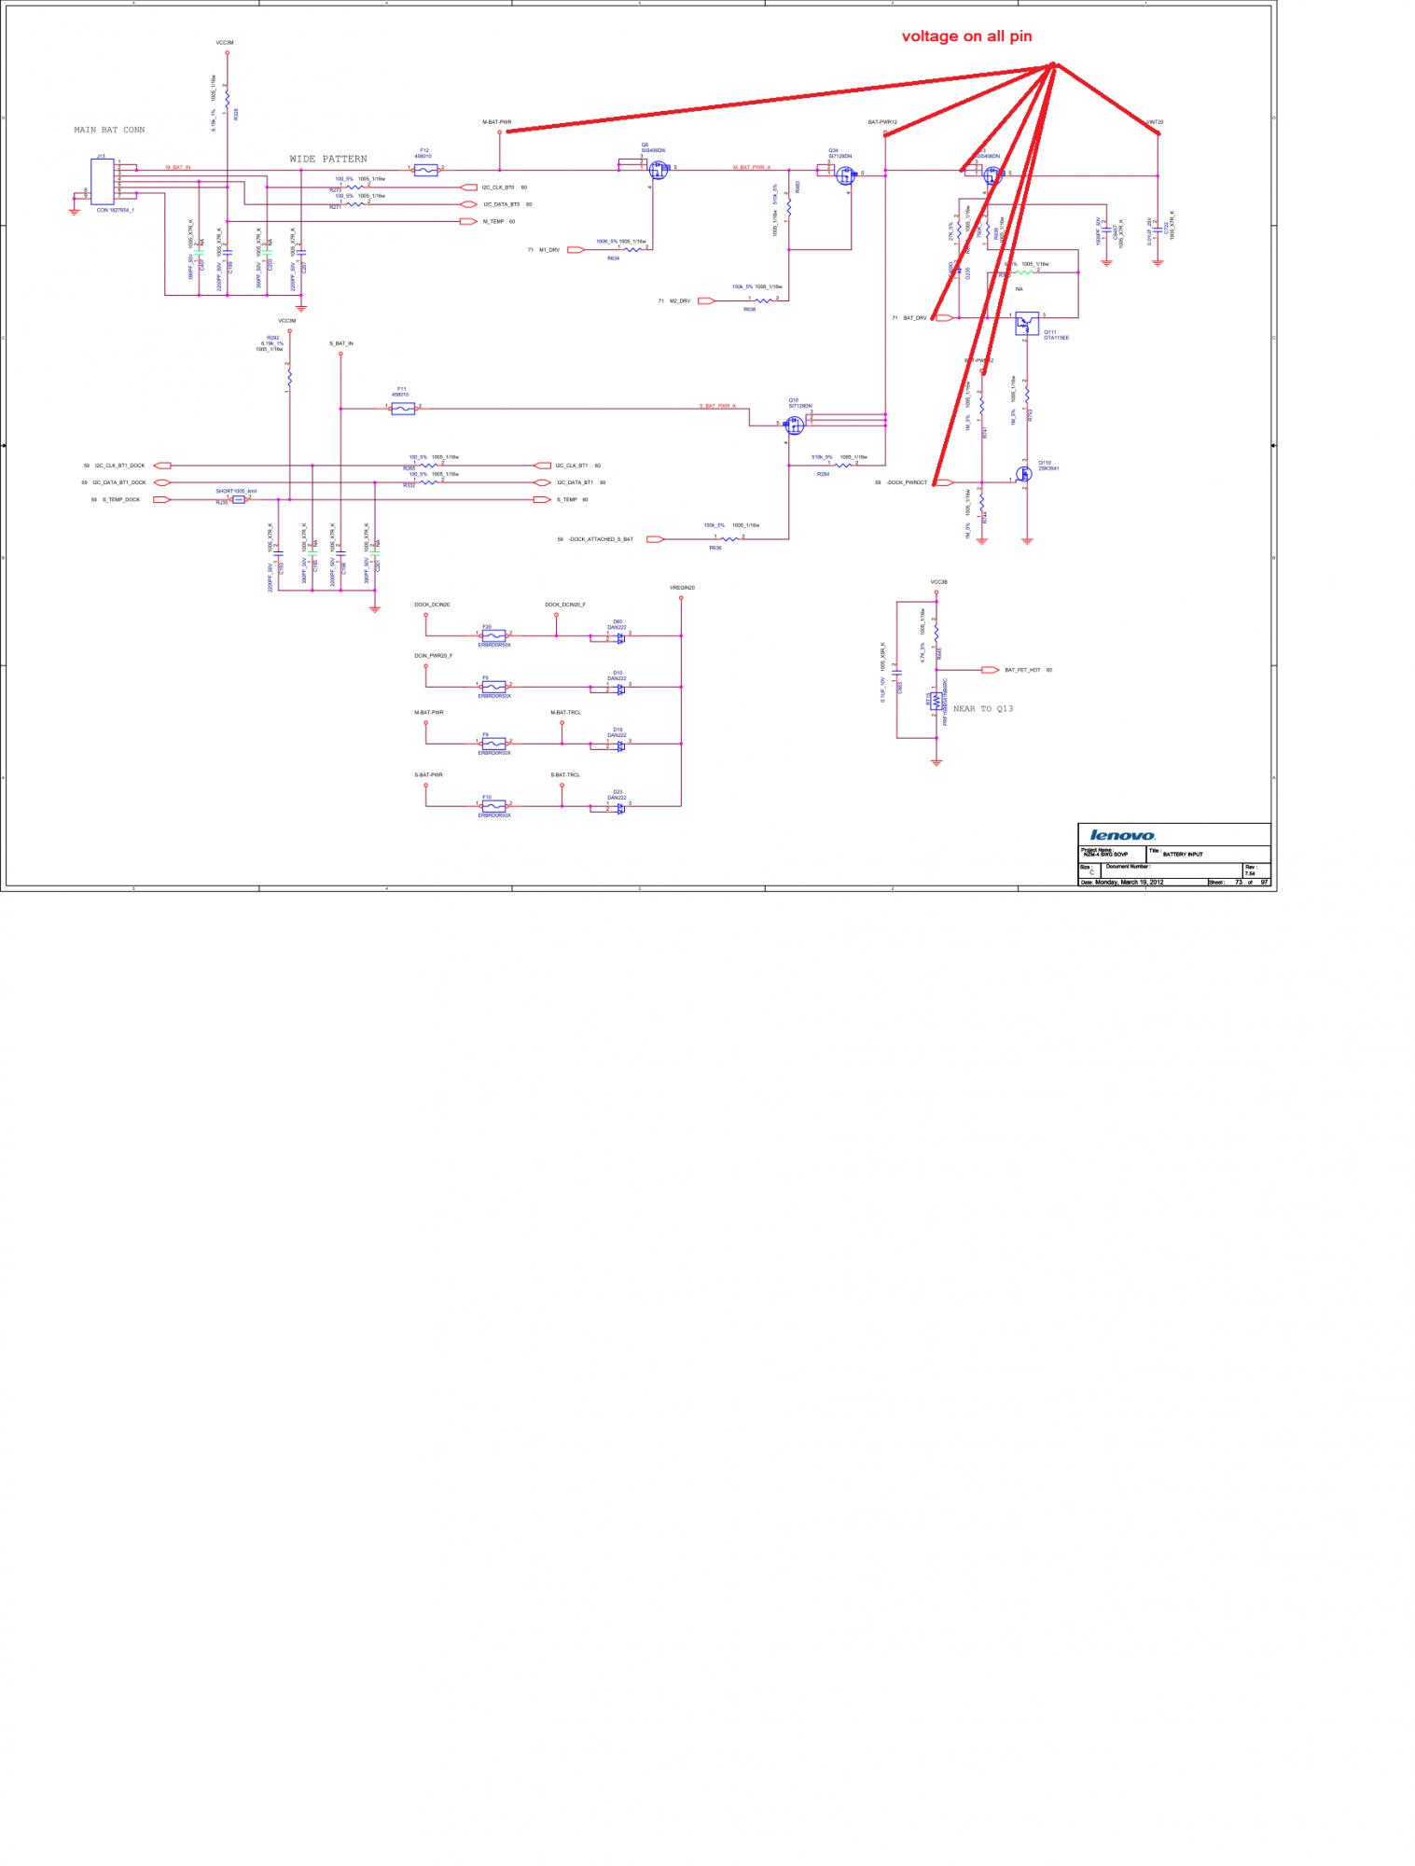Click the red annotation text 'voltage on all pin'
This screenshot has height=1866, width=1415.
click(x=966, y=36)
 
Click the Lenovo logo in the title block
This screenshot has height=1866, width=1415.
click(x=1123, y=835)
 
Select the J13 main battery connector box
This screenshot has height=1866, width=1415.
click(x=103, y=181)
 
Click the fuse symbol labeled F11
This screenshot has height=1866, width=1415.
click(x=403, y=409)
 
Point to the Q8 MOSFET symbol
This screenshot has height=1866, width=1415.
click(x=659, y=171)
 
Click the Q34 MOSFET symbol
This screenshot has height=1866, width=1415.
click(x=845, y=174)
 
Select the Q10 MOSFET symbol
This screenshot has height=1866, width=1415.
click(x=795, y=425)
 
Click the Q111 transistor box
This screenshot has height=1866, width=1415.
click(x=1026, y=323)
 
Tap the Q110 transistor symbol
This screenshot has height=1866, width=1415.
click(x=1024, y=474)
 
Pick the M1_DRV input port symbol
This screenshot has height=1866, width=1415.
click(x=575, y=249)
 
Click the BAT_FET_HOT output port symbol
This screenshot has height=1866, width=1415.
click(x=991, y=670)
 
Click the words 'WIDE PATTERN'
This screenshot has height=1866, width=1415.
click(x=327, y=160)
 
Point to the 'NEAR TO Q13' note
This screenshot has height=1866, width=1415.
click(x=983, y=709)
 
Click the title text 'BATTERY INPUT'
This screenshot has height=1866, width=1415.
click(x=1183, y=853)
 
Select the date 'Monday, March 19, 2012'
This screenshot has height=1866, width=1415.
click(x=1129, y=882)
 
